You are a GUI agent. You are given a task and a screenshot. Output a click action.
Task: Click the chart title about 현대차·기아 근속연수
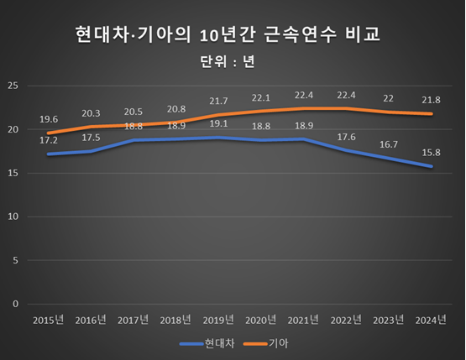coord(233,34)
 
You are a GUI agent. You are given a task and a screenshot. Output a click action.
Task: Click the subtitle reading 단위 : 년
coord(233,61)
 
